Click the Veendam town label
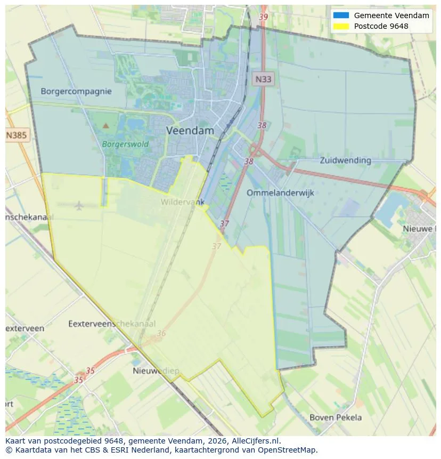[x=190, y=131]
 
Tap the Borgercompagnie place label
[x=76, y=91]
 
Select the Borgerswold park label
[x=125, y=144]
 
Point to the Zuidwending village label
[x=345, y=160]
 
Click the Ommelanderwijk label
[x=280, y=192]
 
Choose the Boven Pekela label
[x=336, y=417]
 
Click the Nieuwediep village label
[x=156, y=371]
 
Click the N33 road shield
[x=263, y=79]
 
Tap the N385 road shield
[x=16, y=135]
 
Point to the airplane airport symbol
[x=79, y=205]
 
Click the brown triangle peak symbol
[x=105, y=126]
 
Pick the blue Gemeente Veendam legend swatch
[x=341, y=15]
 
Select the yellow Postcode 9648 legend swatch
[x=341, y=26]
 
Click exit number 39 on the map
[x=263, y=17]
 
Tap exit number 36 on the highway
[x=161, y=334]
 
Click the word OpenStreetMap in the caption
[x=290, y=450]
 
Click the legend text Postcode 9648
[x=381, y=26]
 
